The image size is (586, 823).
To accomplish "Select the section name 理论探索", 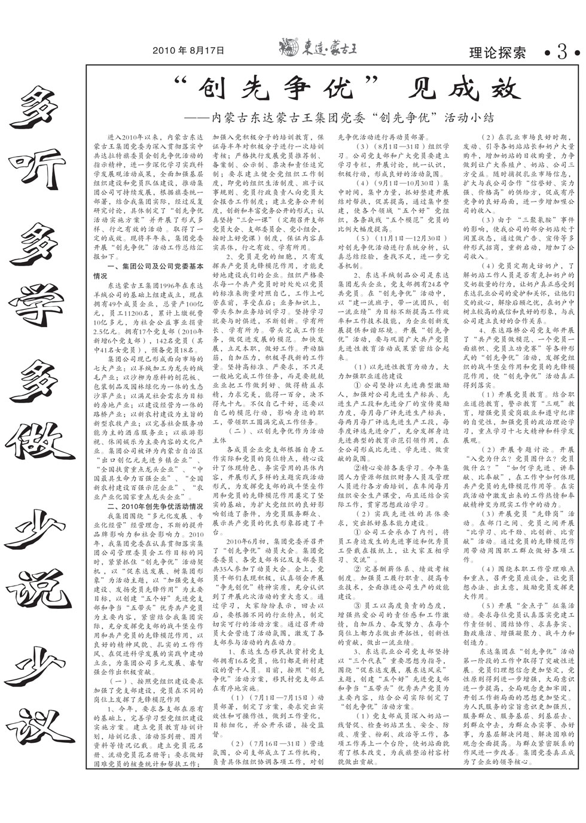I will point(498,53).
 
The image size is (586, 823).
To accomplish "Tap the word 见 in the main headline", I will point(418,89).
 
